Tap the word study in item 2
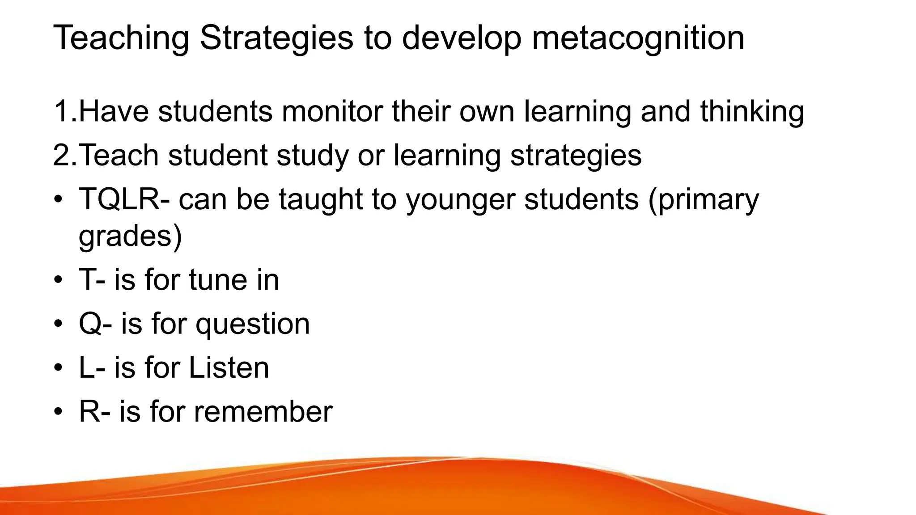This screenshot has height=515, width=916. (x=312, y=155)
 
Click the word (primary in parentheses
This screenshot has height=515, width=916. (x=704, y=199)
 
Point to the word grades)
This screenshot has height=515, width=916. (x=130, y=236)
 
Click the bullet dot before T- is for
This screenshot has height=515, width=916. (x=58, y=280)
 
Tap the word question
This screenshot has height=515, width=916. (x=253, y=324)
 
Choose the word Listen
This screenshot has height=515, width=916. (x=229, y=367)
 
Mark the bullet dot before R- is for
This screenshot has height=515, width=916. (x=58, y=412)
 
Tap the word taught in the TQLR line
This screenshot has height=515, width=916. (x=320, y=199)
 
